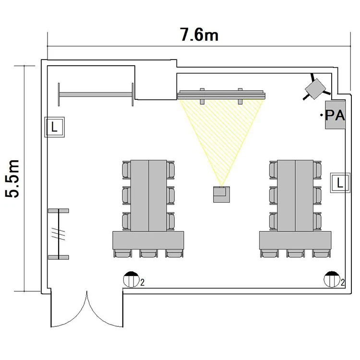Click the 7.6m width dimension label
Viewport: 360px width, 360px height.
coord(199,35)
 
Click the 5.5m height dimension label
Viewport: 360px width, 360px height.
coord(12,179)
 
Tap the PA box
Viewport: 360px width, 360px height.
coord(335,115)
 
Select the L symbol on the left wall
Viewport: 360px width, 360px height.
coord(54,127)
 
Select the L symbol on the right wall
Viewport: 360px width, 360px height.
coord(340,183)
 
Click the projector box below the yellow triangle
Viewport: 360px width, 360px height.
coord(222,194)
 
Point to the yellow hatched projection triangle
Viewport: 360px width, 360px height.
coord(222,133)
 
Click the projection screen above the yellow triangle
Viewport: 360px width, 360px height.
coord(222,95)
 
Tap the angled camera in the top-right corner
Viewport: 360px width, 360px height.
coord(316,89)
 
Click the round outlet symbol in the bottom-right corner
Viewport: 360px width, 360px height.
coord(332,279)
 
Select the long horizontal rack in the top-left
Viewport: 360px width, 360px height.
coord(96,95)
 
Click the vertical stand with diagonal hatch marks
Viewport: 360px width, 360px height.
coord(59,234)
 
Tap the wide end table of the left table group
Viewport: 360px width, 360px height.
coord(148,240)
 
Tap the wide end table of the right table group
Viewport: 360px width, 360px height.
coord(295,240)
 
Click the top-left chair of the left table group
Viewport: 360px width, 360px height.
coord(127,170)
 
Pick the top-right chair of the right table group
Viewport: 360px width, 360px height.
coord(317,170)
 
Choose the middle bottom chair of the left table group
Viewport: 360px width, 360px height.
coord(148,253)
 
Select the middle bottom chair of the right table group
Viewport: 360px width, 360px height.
coord(296,253)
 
